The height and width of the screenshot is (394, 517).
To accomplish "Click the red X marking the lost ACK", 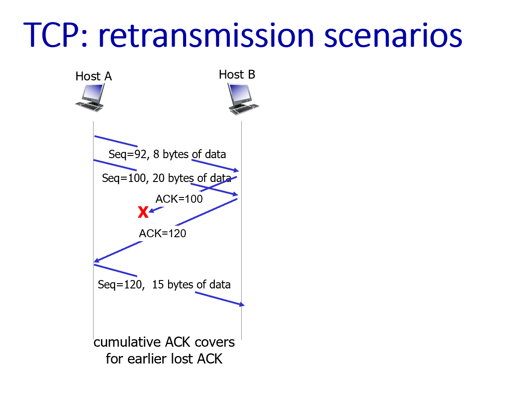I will pos(143,212).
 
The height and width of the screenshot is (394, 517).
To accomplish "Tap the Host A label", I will pos(94,76).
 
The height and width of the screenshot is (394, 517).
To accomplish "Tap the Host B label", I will pos(237,75).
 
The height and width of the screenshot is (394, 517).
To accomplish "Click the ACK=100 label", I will pos(179,199).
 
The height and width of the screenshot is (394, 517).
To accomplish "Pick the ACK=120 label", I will pos(162,234).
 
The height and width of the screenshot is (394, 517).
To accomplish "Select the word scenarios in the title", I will pos(393,35).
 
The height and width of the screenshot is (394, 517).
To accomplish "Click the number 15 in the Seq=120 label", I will pos(158,284).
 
